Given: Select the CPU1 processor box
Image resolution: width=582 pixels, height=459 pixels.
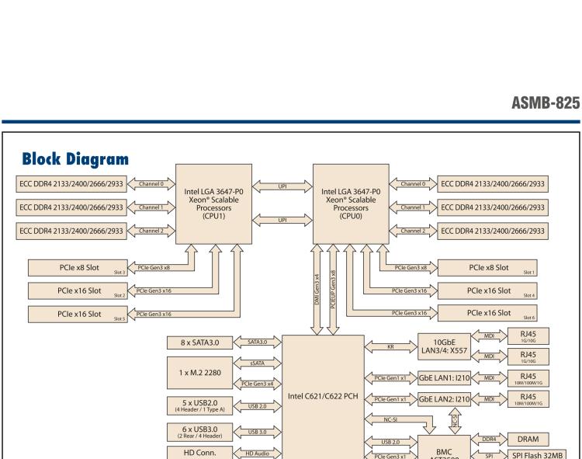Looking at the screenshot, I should point(210,197).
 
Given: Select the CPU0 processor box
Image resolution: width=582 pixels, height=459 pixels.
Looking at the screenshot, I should point(346,197).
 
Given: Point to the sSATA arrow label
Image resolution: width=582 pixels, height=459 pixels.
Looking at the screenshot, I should point(255,363).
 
